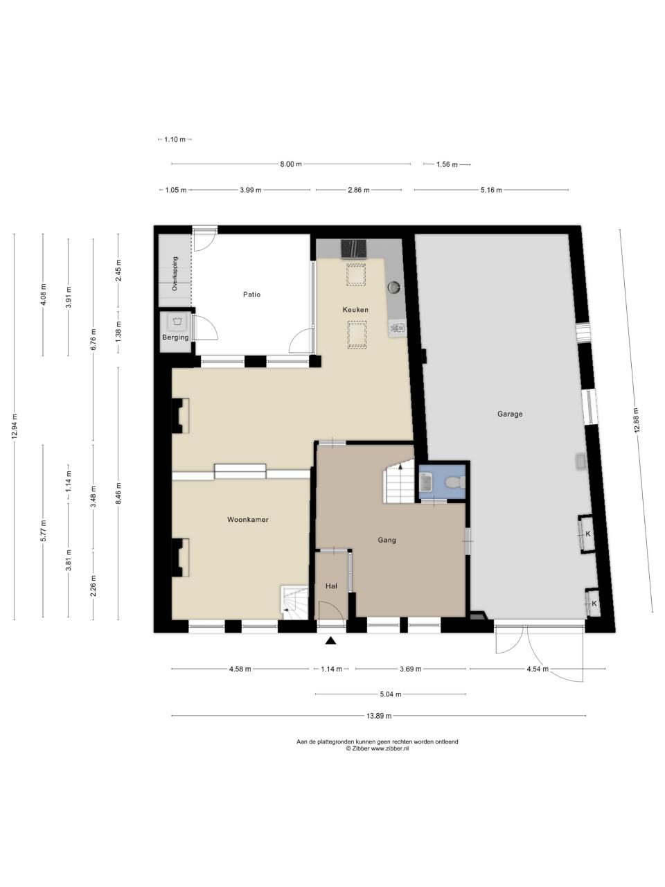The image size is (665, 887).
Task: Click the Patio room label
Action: tap(251, 295)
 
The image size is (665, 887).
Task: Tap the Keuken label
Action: tap(355, 310)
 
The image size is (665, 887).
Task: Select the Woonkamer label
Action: tap(247, 520)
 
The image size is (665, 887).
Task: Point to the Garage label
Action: tap(510, 414)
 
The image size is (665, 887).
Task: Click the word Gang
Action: tap(387, 540)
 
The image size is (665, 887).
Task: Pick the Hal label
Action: tap(332, 586)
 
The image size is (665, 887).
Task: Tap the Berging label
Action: tap(176, 337)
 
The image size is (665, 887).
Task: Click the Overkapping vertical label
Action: tap(175, 274)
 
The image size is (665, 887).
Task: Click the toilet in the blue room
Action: tap(455, 482)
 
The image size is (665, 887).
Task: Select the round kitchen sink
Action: tap(393, 287)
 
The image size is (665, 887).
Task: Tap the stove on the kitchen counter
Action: tap(354, 249)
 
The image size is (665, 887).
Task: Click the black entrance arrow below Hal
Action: tap(330, 640)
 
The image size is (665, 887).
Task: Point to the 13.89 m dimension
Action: tap(379, 716)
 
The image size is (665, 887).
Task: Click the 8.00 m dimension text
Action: tap(291, 164)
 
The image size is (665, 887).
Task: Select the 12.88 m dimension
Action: tap(637, 419)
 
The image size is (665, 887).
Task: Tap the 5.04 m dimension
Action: tap(391, 694)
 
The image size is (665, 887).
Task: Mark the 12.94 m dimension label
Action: tap(15, 426)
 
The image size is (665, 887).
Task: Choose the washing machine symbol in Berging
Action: tap(177, 322)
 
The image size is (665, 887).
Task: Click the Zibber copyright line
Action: tap(377, 748)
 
